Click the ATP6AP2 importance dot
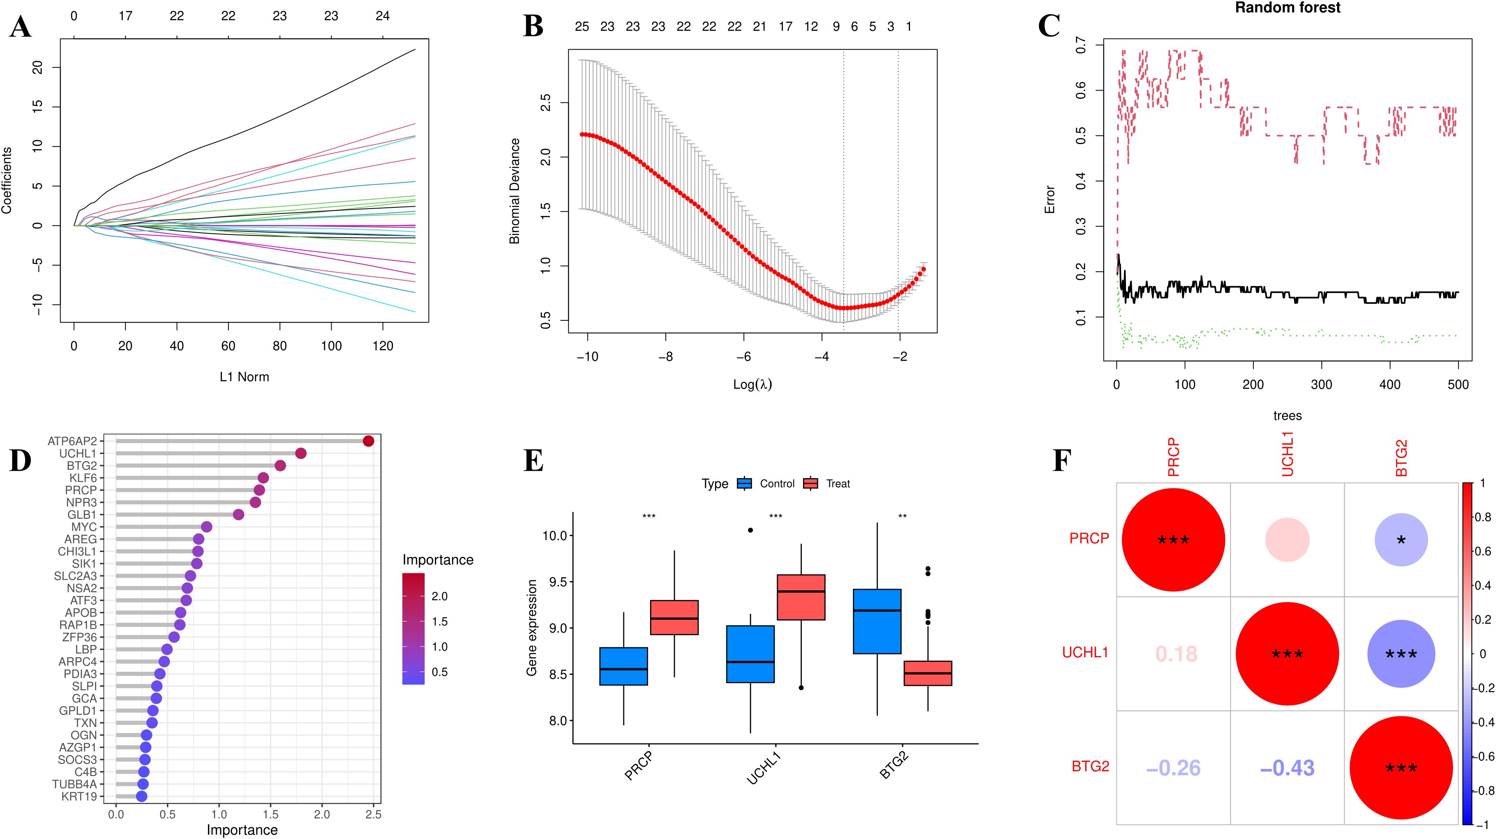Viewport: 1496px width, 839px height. (x=368, y=441)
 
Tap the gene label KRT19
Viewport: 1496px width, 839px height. (x=79, y=796)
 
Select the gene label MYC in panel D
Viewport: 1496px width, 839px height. (x=84, y=527)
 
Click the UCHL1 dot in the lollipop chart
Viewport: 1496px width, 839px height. (x=301, y=453)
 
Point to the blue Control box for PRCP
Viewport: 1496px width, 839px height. (x=624, y=666)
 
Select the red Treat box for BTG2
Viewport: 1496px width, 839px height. (x=928, y=673)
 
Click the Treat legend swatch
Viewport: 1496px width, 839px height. (x=810, y=483)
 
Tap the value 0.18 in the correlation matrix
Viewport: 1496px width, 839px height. (x=1176, y=654)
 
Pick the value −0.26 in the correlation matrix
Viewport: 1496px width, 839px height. (x=1173, y=768)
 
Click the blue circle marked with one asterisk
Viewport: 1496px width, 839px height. (x=1401, y=540)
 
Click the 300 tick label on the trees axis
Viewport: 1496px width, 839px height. (x=1322, y=384)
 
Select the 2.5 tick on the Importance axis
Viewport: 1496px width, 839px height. (x=374, y=815)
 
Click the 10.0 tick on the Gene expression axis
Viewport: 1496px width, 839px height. (x=554, y=535)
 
